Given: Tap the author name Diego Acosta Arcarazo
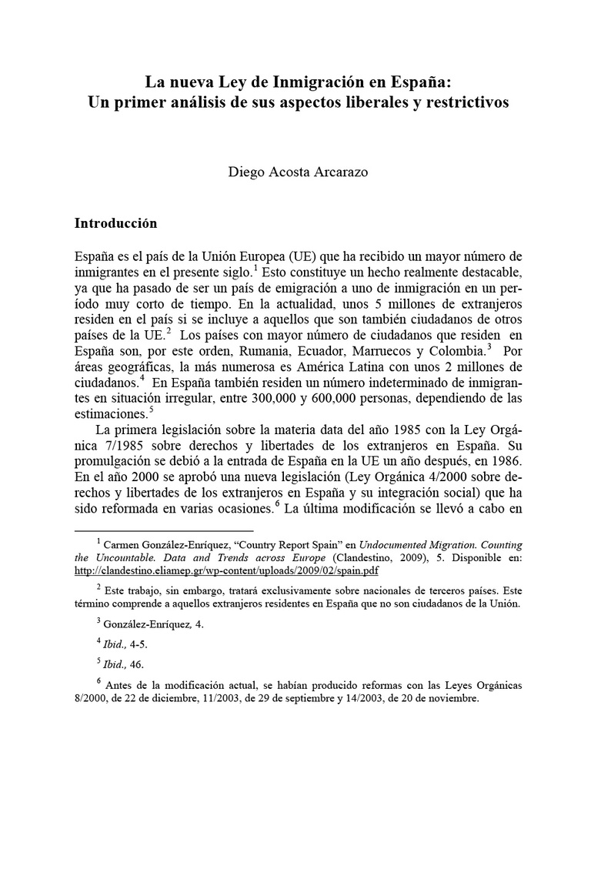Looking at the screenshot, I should coord(297,172).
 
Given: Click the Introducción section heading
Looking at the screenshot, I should coord(115,223).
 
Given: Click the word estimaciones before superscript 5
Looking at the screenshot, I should coord(110,413).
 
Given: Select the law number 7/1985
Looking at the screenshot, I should coord(125,446).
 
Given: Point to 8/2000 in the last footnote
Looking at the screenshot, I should coord(91,699).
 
